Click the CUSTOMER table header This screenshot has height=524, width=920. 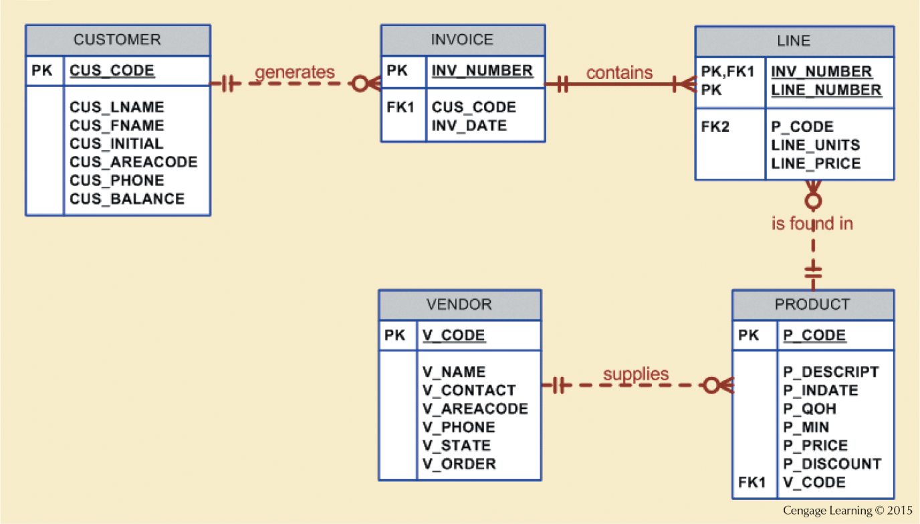[118, 39]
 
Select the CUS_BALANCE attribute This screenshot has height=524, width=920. [127, 199]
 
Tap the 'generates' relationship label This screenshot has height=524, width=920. [294, 72]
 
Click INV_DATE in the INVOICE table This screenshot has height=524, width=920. [469, 126]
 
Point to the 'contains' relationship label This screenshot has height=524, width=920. [619, 72]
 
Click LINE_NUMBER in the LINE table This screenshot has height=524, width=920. [826, 90]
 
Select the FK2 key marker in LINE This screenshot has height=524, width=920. [715, 126]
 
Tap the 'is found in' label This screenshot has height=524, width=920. [812, 224]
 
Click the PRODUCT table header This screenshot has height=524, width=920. [812, 304]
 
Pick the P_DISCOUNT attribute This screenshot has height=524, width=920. [832, 464]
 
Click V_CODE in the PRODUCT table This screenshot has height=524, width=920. [814, 483]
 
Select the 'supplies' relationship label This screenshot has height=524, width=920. [635, 373]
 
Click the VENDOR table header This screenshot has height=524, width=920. [459, 304]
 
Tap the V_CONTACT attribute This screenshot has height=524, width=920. [469, 390]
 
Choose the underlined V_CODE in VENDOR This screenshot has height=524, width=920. [453, 335]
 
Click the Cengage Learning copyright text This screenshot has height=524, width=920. [847, 511]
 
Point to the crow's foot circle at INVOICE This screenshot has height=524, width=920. [360, 84]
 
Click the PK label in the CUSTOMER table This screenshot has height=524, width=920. [41, 71]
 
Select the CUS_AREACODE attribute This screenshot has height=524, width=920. [133, 162]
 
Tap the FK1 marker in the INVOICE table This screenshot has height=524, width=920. [400, 107]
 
